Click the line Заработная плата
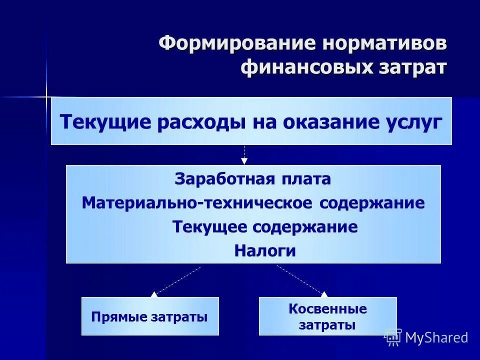coord(252,179)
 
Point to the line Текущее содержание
coord(265,227)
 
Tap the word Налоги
coord(265,251)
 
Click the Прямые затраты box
coord(150,316)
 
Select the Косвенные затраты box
coord(327,316)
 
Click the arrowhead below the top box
coord(244,161)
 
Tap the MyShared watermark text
coord(436,337)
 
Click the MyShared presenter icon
coord(392,337)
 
